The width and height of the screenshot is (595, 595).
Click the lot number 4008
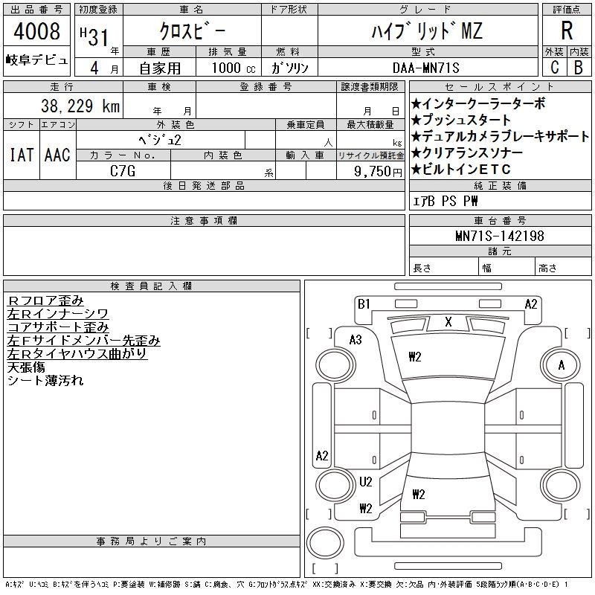click(x=36, y=31)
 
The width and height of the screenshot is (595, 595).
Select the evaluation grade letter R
click(x=567, y=30)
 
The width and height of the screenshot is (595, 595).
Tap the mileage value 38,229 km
click(x=80, y=106)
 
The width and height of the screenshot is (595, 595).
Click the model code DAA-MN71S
click(x=425, y=68)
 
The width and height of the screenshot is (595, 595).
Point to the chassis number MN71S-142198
click(x=500, y=236)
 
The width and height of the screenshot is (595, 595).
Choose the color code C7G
click(x=123, y=171)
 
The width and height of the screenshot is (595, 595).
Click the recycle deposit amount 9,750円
click(x=378, y=172)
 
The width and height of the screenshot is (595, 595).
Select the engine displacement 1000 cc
click(x=234, y=68)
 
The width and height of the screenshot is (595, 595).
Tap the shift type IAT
click(x=22, y=155)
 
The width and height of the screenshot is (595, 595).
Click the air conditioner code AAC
click(x=57, y=155)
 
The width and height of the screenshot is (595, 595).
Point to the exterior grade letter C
click(x=554, y=68)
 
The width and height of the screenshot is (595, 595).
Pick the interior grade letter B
click(x=579, y=68)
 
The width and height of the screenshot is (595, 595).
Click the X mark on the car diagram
click(x=448, y=322)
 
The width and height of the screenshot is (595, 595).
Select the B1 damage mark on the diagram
click(x=364, y=304)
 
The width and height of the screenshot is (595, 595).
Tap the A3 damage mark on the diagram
click(x=356, y=340)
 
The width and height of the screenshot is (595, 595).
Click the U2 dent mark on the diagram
click(x=365, y=482)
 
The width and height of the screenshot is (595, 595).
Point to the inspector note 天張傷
click(x=26, y=367)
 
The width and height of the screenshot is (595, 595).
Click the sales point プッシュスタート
click(x=461, y=120)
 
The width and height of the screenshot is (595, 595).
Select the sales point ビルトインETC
click(x=461, y=170)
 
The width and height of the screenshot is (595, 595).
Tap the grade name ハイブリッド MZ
click(x=427, y=31)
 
